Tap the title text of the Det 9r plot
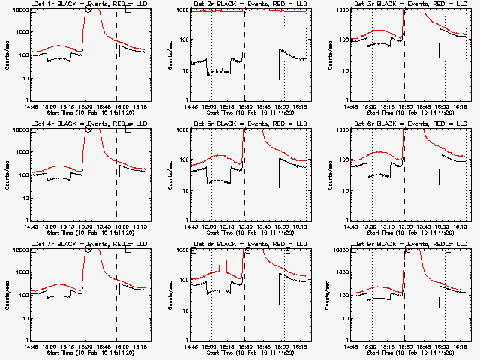403,245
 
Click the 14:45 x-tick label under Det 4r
31,226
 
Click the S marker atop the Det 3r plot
407,11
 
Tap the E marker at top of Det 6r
447,130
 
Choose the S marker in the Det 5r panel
247,130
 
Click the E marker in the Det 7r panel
127,250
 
